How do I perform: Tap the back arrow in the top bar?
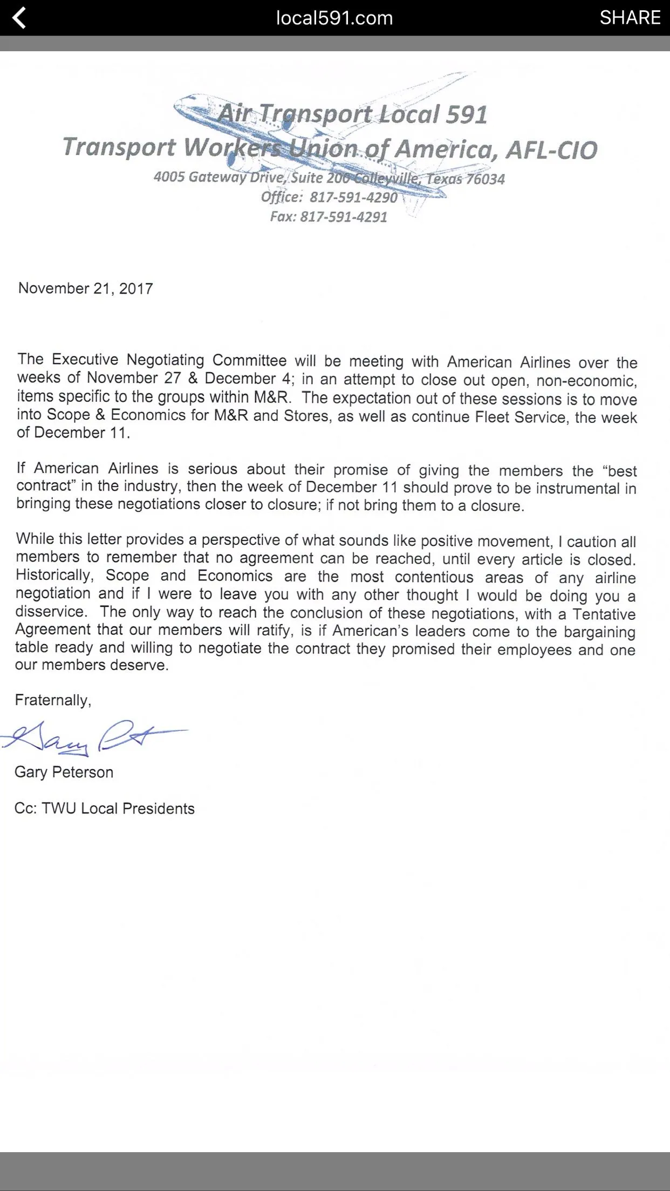(19, 18)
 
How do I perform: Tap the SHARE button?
(630, 18)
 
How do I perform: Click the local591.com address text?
(334, 18)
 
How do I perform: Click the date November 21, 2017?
(86, 289)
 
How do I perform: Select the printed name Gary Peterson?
(64, 772)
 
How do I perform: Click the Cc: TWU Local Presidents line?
(105, 809)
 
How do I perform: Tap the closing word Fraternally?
(52, 700)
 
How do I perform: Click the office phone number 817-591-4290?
(353, 197)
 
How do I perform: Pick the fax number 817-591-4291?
(344, 217)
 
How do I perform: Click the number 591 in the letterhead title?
(467, 114)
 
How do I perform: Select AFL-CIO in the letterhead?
(551, 150)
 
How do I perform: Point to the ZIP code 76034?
(485, 179)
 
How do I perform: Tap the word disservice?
(51, 612)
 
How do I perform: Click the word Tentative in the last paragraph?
(604, 614)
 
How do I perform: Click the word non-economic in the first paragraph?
(586, 381)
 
